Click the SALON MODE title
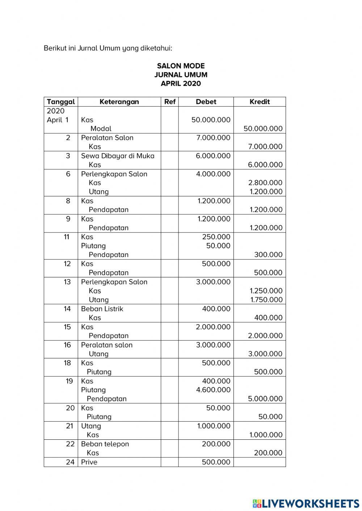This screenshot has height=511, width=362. pyautogui.click(x=181, y=66)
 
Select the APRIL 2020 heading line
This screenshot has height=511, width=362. pyautogui.click(x=181, y=84)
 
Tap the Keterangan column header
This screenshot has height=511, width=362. pyautogui.click(x=119, y=102)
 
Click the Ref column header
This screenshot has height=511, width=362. pyautogui.click(x=170, y=102)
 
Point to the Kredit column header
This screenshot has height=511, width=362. pyautogui.click(x=260, y=102)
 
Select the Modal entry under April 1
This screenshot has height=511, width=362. pyautogui.click(x=101, y=128)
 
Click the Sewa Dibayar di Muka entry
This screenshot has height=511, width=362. pyautogui.click(x=118, y=156)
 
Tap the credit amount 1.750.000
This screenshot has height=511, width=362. pyautogui.click(x=266, y=299)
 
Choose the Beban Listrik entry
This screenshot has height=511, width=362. pyautogui.click(x=102, y=308)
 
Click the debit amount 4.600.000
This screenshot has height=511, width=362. pyautogui.click(x=213, y=389)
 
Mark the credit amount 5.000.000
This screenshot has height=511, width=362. pyautogui.click(x=265, y=399)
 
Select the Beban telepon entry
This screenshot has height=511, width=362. pyautogui.click(x=105, y=444)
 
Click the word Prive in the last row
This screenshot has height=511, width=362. pyautogui.click(x=89, y=462)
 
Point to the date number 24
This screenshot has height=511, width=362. pyautogui.click(x=70, y=462)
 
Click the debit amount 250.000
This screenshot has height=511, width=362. pyautogui.click(x=216, y=237)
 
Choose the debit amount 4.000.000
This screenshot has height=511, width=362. pyautogui.click(x=213, y=174)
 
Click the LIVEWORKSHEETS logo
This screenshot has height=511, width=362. pyautogui.click(x=306, y=503)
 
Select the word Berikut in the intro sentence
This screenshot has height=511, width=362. pyautogui.click(x=55, y=48)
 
